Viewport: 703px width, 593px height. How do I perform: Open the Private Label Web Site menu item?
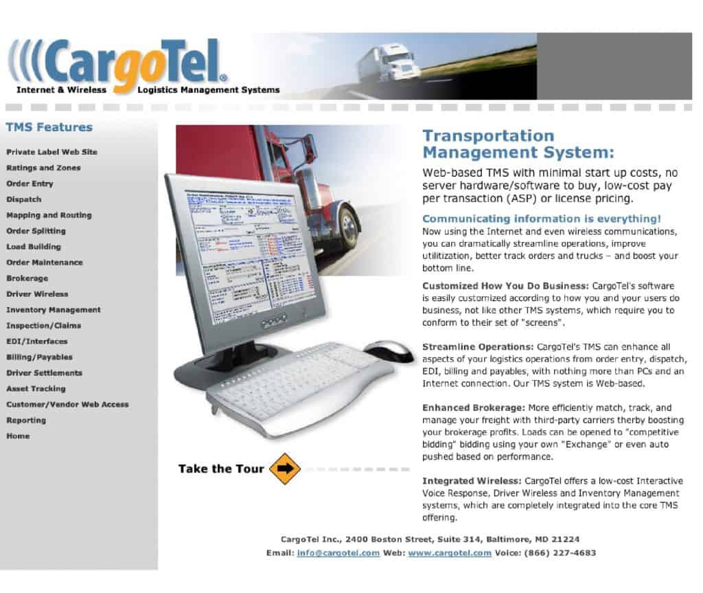click(x=52, y=152)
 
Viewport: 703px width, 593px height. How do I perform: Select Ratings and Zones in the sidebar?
click(x=43, y=168)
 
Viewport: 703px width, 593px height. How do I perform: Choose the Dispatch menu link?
click(x=24, y=199)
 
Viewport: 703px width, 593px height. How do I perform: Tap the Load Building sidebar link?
click(x=34, y=247)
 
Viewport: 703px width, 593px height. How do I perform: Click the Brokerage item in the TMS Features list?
click(x=27, y=278)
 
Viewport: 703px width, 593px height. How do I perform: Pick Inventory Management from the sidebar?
click(x=54, y=310)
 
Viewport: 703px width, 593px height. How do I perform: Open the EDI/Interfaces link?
click(x=37, y=342)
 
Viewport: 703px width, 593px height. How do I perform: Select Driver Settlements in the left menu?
click(x=45, y=373)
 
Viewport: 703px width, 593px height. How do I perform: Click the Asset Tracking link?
click(x=36, y=389)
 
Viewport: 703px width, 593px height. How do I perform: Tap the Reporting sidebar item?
click(x=26, y=421)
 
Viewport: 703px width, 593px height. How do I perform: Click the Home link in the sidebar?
click(x=19, y=436)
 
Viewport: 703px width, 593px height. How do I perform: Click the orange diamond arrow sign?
click(x=285, y=469)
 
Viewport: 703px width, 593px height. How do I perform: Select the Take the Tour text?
click(x=221, y=469)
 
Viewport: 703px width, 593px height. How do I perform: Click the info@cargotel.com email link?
click(x=338, y=553)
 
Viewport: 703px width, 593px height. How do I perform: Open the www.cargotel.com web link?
click(x=450, y=553)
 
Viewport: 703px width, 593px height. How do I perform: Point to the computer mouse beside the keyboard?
click(x=389, y=350)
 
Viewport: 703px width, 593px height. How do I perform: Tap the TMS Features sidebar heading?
click(x=49, y=127)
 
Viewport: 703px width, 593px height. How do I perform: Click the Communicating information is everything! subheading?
click(x=542, y=219)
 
